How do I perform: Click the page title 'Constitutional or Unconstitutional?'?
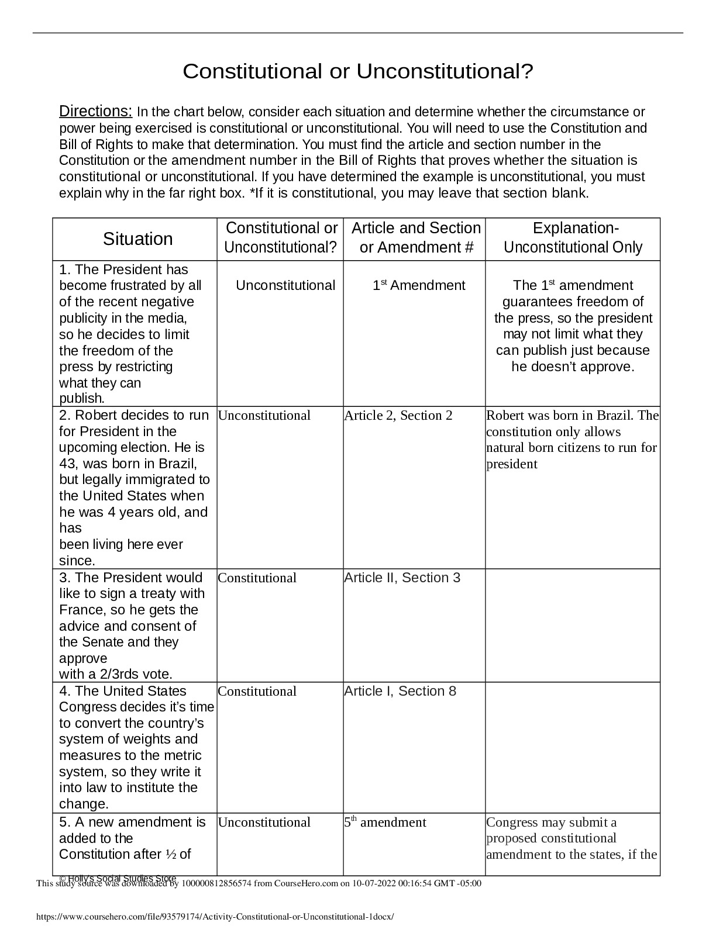358,72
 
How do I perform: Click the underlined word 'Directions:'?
96,111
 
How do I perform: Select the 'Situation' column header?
138,239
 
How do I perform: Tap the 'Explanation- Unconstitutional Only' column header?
573,238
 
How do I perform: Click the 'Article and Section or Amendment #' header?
416,238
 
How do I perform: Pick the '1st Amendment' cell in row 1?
419,285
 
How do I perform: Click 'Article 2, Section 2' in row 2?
398,416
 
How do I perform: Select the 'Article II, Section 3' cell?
402,578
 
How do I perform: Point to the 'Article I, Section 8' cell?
400,691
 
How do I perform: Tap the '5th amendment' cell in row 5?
385,823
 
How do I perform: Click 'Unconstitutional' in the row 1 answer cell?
285,285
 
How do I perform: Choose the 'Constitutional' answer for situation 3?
257,578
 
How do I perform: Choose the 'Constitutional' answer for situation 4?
257,692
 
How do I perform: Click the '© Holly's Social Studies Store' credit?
118,878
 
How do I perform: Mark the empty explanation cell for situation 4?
573,747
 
